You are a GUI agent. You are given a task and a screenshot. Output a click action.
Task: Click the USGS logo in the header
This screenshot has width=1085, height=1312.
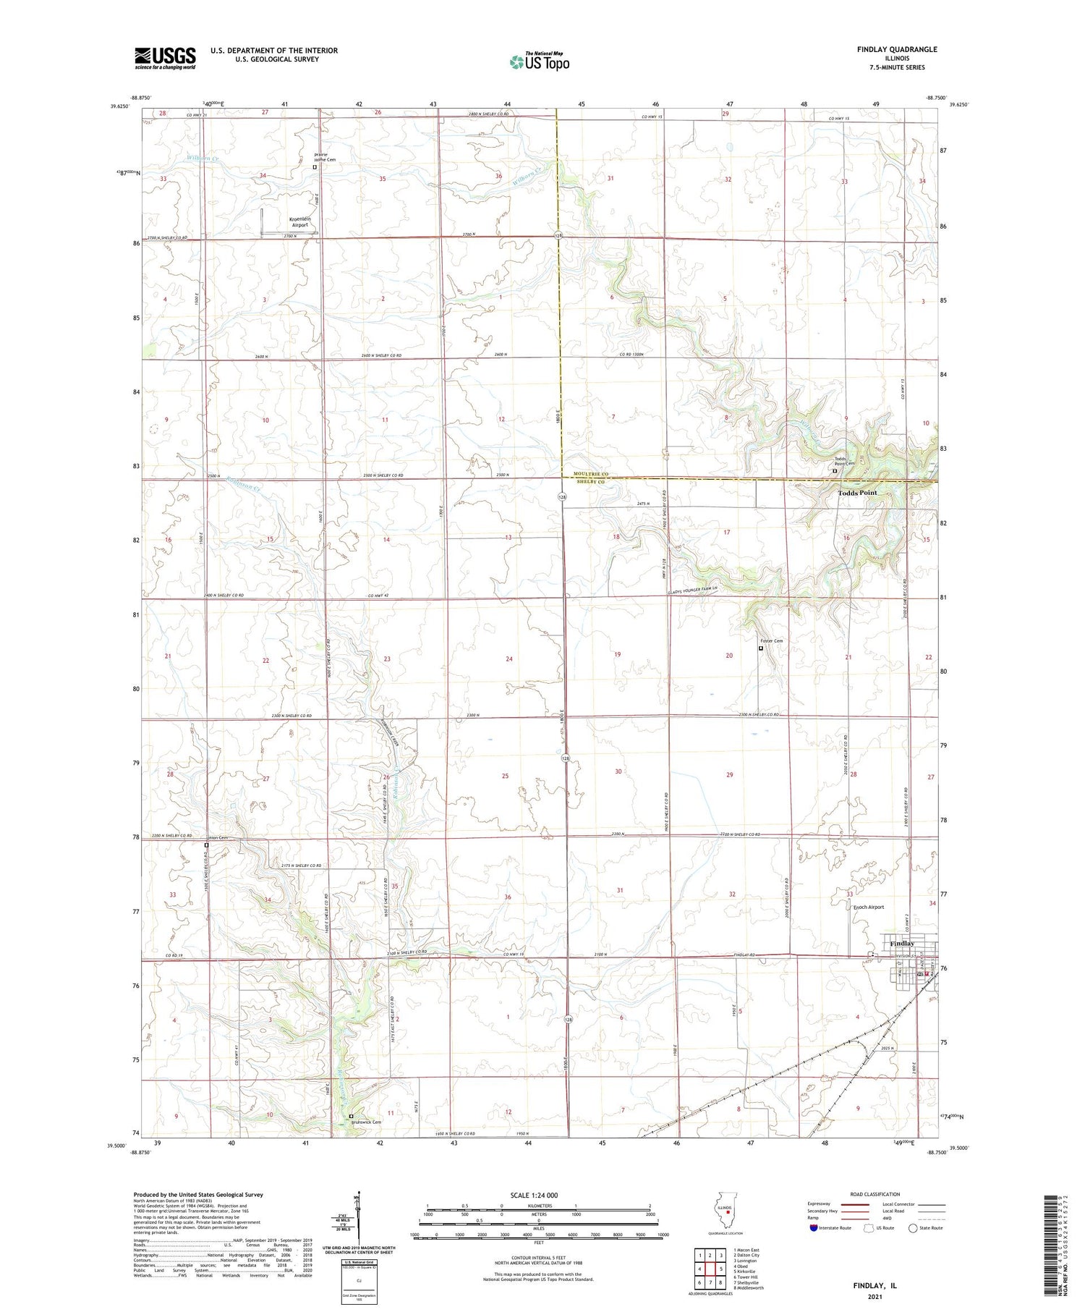pos(165,58)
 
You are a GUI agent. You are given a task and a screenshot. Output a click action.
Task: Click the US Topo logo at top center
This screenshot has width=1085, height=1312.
pos(540,62)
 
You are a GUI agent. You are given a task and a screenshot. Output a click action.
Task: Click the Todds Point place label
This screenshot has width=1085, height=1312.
pos(857,493)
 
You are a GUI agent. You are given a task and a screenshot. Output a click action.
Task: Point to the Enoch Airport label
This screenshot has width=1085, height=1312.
pos(868,907)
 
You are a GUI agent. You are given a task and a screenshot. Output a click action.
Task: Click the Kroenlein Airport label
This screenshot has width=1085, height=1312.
pos(299,221)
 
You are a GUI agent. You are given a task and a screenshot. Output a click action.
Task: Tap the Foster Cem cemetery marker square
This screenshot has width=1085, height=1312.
pos(760,648)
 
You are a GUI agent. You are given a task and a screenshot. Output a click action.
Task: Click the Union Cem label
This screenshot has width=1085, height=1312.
pos(218,838)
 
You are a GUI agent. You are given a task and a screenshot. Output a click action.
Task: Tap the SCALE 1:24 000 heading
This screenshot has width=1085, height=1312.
pos(534,1195)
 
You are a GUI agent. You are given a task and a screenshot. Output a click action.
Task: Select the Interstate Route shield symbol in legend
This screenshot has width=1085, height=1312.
pos(814,1228)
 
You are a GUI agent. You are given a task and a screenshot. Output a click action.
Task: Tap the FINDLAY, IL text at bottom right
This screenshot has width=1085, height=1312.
pos(875,1285)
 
